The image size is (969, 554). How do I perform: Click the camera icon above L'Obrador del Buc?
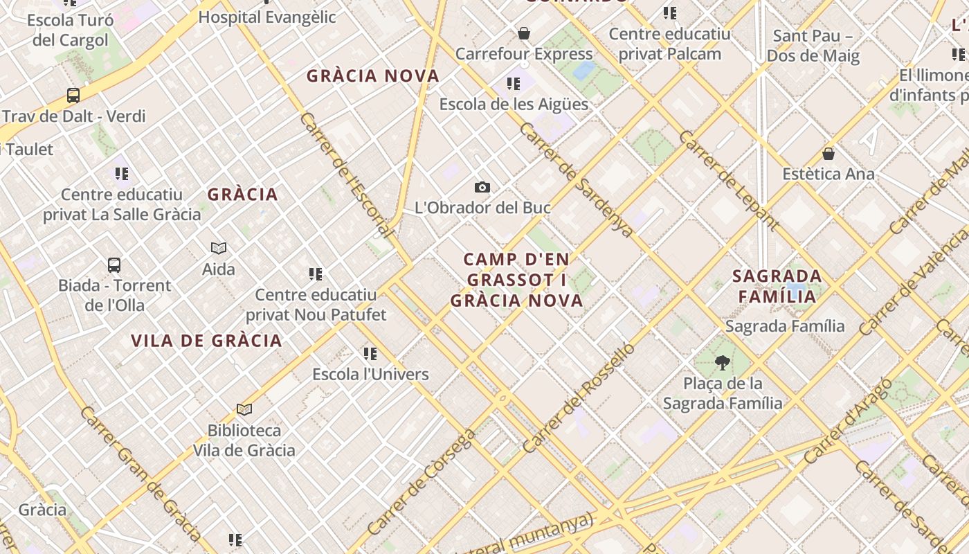482,187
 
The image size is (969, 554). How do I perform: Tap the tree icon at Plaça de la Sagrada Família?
723,362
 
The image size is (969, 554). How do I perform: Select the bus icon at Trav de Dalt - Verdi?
73,96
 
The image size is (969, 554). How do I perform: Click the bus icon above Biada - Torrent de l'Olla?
114,265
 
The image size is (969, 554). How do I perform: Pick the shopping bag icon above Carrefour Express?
524,33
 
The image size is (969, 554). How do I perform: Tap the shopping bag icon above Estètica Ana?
828,153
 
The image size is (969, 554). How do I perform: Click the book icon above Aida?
219,248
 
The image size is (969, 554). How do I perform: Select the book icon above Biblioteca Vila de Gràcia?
244,409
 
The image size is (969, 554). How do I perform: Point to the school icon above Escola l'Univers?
370,354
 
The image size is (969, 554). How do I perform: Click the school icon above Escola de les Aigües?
514,84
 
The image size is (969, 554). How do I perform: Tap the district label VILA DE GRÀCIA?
206,341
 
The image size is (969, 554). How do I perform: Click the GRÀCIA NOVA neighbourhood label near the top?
373,76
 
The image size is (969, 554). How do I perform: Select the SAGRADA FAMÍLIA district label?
777,286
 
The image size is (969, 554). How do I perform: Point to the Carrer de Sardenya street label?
576,180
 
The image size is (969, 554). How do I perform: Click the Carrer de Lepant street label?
729,181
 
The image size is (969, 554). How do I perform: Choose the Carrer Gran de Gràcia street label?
141,474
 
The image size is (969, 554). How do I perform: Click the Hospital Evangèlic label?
267,17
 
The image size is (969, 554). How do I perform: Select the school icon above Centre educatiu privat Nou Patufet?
316,274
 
